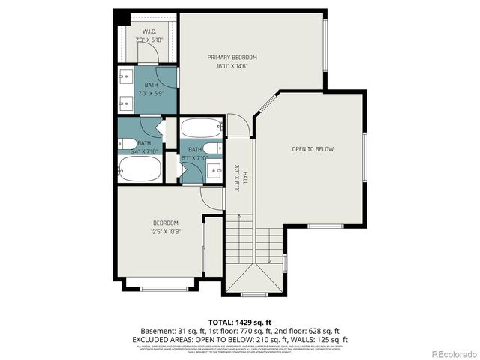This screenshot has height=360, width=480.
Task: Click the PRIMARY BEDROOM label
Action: click(232, 58)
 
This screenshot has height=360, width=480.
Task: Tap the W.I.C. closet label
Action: click(148, 31)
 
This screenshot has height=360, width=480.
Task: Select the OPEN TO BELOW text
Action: click(313, 149)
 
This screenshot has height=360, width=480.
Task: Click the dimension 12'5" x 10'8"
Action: click(166, 231)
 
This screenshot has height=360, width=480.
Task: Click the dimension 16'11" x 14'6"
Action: click(232, 66)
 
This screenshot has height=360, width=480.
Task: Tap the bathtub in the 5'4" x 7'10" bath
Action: click(139, 169)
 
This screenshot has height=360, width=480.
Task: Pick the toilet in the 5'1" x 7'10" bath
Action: click(212, 148)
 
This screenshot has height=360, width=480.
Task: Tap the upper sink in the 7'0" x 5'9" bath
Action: click(125, 76)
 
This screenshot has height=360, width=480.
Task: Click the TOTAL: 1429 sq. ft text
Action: click(239, 320)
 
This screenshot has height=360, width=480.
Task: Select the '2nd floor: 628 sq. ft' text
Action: click(307, 330)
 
